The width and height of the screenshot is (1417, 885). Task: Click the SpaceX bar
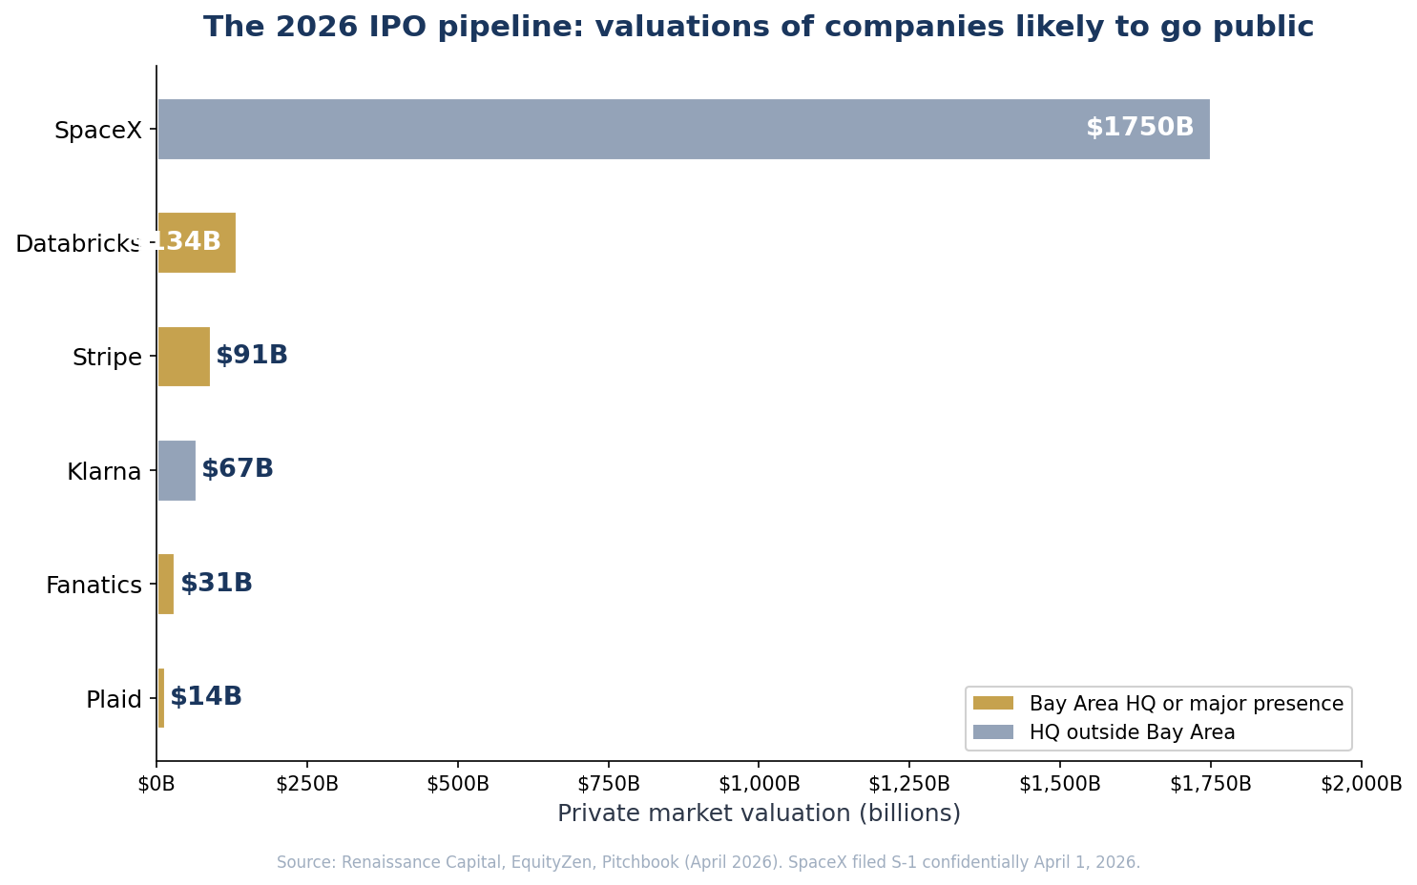coord(683,129)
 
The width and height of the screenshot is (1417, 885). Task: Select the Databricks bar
coord(197,242)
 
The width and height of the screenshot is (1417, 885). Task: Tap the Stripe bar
coord(183,357)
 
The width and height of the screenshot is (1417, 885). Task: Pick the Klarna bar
coord(177,470)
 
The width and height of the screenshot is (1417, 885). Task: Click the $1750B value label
coord(1139,128)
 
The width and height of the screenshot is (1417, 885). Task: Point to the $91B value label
coord(252,356)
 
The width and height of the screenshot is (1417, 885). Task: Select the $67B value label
coord(238,469)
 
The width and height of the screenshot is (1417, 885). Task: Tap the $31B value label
coord(217,584)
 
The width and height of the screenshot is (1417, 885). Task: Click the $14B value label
coord(206,697)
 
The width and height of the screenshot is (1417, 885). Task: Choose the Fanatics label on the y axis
coord(94,585)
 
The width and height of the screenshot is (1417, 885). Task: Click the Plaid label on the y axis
coord(114,699)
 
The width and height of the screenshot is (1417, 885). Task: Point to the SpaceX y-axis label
coord(97,131)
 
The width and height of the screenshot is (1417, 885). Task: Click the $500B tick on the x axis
coord(458,784)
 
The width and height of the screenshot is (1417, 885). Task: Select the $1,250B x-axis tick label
coord(908,784)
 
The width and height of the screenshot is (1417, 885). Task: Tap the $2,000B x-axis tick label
coord(1361,784)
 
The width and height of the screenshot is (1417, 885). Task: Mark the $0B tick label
coord(156,784)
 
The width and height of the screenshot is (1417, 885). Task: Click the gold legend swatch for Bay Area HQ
coord(992,704)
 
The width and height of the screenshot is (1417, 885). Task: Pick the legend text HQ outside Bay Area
coord(1132,732)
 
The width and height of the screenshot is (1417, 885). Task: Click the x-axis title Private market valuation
coord(759,813)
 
